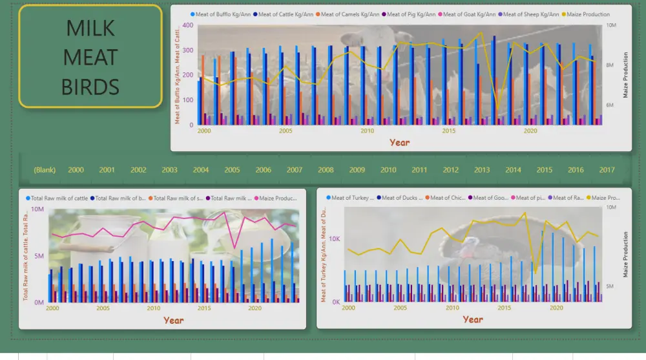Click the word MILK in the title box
click(x=90, y=28)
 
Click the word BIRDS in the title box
click(x=90, y=86)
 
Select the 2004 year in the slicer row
click(x=201, y=170)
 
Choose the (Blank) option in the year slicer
click(x=45, y=170)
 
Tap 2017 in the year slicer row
click(x=607, y=170)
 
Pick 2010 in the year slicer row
click(x=388, y=170)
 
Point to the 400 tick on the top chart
click(x=188, y=25)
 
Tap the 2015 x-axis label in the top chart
click(x=448, y=131)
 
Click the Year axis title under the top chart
click(x=399, y=142)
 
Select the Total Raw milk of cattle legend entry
click(x=59, y=198)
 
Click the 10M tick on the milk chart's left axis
click(x=37, y=210)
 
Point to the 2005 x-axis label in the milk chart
click(x=103, y=308)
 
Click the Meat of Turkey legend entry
click(x=352, y=198)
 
